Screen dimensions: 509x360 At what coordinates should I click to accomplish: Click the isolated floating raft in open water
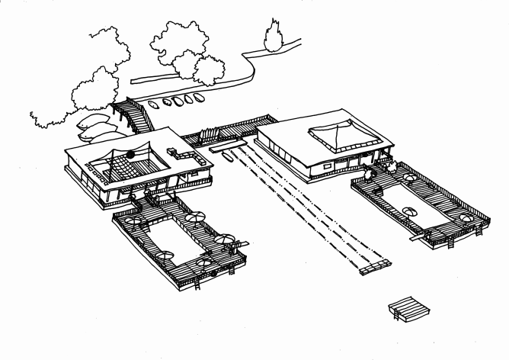tap(406, 310)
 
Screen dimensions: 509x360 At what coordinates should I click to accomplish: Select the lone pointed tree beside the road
tap(271, 35)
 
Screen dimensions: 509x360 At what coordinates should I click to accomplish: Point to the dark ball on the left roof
tap(131, 153)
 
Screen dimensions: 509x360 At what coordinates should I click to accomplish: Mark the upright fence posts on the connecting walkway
tap(210, 137)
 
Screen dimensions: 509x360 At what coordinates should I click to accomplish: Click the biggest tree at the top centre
tap(179, 42)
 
